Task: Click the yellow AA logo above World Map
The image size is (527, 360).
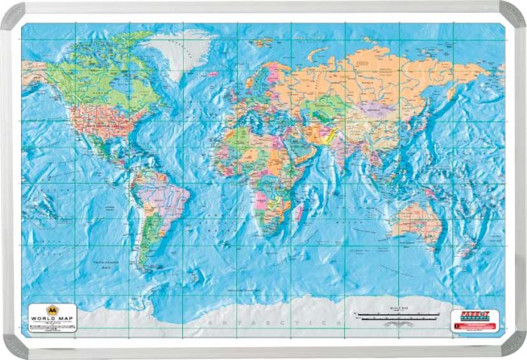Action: pyautogui.click(x=53, y=310)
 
